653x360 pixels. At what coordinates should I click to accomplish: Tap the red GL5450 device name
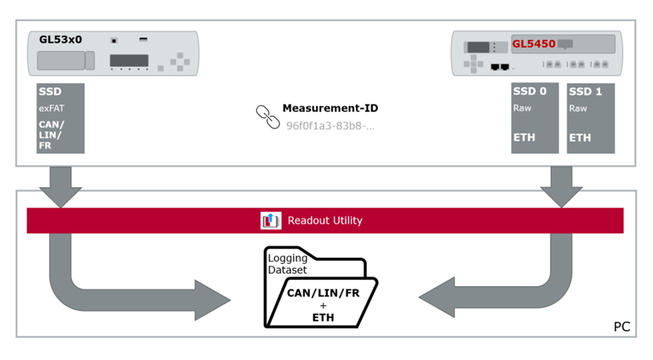point(534,44)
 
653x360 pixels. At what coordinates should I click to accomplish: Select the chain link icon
point(267,116)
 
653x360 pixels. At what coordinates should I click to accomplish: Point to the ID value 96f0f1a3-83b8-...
point(330,125)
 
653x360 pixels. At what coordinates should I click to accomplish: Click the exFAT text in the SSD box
point(51,108)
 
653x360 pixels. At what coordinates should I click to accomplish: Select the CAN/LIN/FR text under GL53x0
point(52,135)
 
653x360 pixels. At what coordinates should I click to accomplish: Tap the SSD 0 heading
point(530,91)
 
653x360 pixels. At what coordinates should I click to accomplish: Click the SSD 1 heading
point(585,91)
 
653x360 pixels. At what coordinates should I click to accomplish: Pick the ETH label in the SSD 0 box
point(524,138)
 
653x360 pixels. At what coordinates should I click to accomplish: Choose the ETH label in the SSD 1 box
point(580,138)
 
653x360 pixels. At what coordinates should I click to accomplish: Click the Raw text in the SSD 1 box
point(578,108)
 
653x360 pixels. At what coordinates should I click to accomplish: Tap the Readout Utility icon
point(271,221)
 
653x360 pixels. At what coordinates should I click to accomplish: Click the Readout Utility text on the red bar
point(325,221)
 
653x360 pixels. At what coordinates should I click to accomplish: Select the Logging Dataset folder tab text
point(288,264)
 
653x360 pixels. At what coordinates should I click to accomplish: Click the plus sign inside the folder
point(323,306)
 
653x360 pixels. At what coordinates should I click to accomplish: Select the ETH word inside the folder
point(323,318)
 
